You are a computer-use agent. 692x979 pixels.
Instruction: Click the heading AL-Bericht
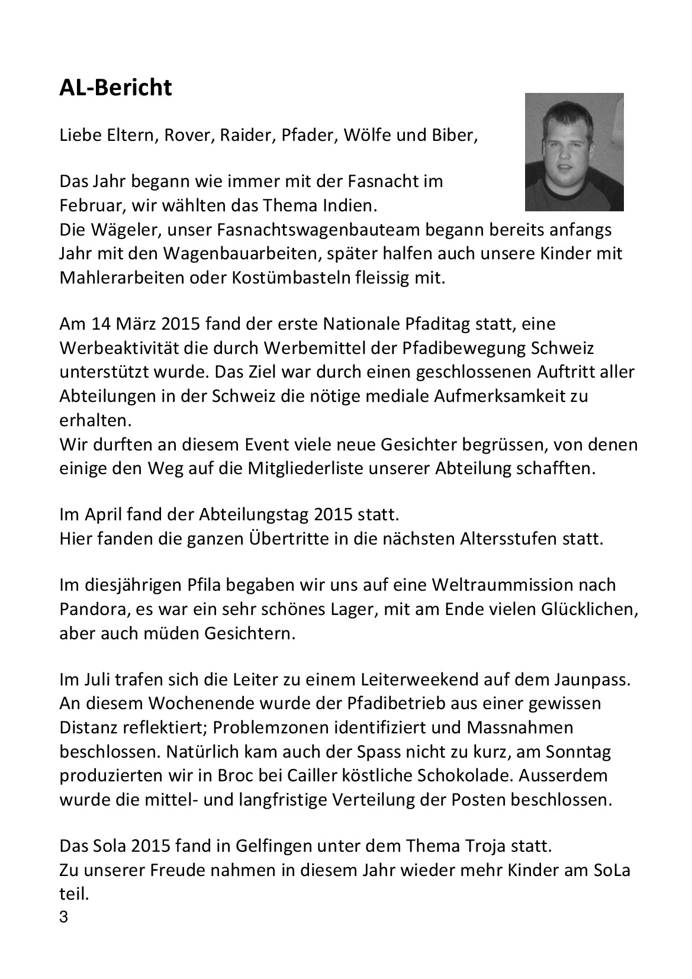click(115, 88)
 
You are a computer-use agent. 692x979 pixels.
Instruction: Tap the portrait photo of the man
click(574, 152)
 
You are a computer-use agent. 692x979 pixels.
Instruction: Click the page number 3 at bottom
click(63, 918)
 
